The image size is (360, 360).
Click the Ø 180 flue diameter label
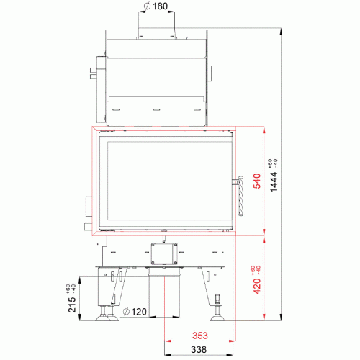pyautogui.click(x=156, y=6)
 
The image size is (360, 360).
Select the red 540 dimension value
pyautogui.click(x=257, y=181)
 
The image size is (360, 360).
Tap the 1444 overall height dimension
pyautogui.click(x=274, y=181)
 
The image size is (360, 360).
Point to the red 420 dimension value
pyautogui.click(x=257, y=286)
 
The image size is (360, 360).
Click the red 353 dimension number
pyautogui.click(x=200, y=336)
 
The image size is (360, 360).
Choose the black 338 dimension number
pyautogui.click(x=199, y=349)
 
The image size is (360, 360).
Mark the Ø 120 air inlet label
pyautogui.click(x=135, y=312)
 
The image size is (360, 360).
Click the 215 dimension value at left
pyautogui.click(x=72, y=305)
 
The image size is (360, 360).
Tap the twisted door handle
pyautogui.click(x=240, y=196)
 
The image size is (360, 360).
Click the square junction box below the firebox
pyautogui.click(x=164, y=253)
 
